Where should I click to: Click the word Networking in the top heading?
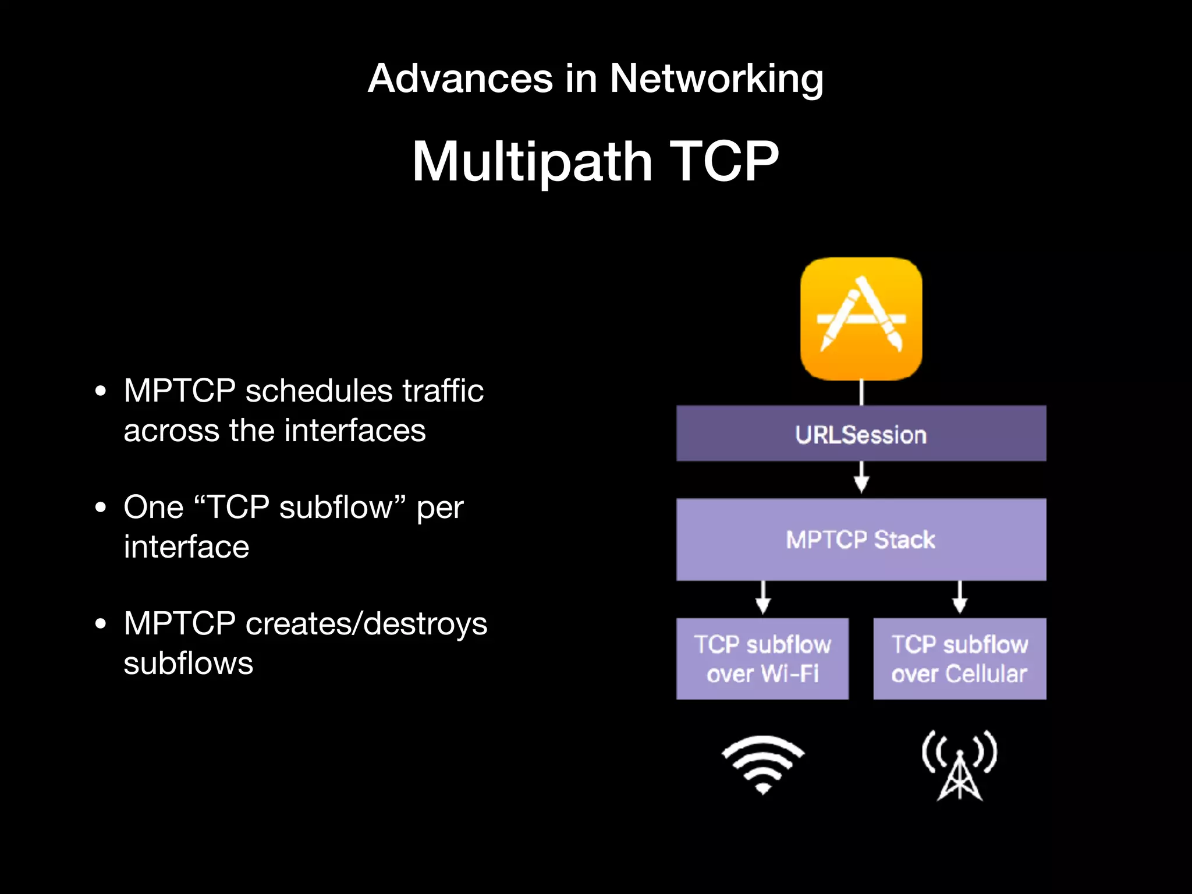pos(716,79)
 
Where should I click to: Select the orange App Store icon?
pos(861,318)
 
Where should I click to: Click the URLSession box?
pos(861,434)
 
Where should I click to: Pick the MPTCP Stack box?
pos(861,540)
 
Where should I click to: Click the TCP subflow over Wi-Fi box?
pos(762,659)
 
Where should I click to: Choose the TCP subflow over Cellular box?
pos(960,659)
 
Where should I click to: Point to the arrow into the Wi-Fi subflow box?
pos(763,598)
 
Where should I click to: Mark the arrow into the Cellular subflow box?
pos(960,598)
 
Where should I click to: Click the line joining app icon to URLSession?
pos(861,393)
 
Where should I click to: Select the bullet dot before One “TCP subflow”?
pos(101,508)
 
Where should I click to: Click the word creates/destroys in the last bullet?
pos(366,624)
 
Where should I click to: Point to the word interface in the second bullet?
pos(186,547)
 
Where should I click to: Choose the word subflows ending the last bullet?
pos(188,664)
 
